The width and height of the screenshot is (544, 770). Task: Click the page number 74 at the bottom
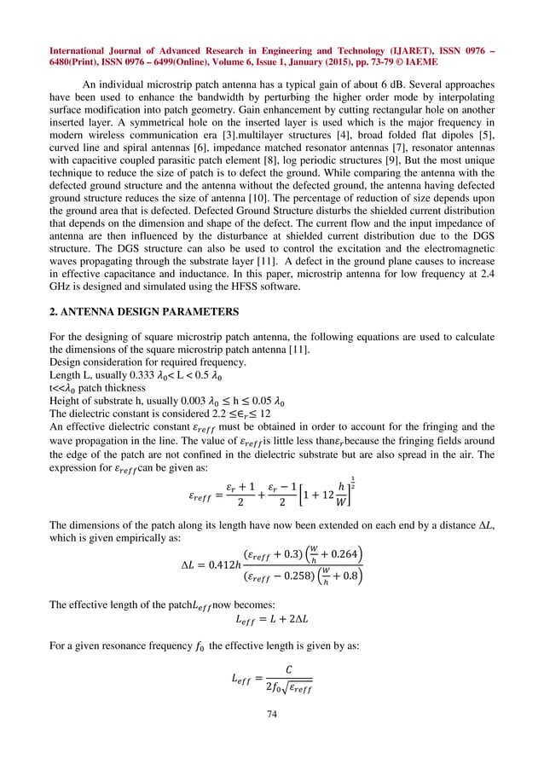pyautogui.click(x=272, y=736)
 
